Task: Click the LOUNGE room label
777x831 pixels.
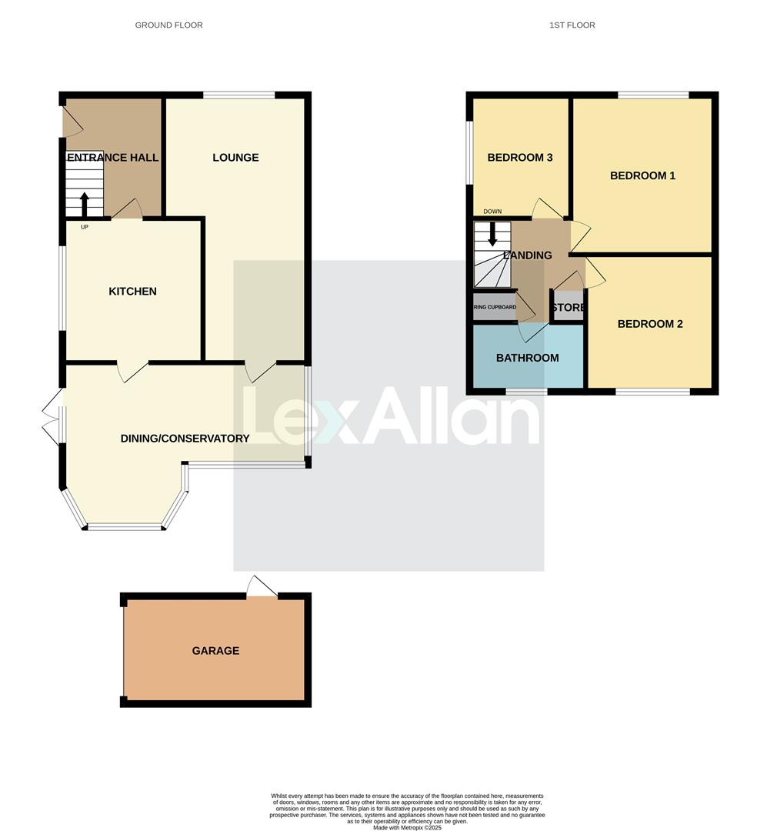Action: [235, 158]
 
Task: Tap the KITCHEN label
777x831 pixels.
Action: [132, 292]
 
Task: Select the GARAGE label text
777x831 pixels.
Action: [215, 651]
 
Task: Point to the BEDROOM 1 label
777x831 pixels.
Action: [642, 175]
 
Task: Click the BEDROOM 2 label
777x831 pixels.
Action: [650, 324]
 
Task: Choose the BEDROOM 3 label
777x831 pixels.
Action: [520, 158]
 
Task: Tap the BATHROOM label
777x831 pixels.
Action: [527, 358]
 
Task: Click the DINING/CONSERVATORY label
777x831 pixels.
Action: [185, 439]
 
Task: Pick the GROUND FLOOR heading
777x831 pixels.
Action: [168, 25]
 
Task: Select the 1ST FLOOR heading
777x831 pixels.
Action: [572, 25]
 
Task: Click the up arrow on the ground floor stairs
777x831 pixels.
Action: [84, 205]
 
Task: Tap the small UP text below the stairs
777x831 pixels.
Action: [84, 227]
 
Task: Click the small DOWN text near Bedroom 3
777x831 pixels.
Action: [492, 212]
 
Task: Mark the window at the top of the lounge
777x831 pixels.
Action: [238, 95]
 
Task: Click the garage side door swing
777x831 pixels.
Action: [262, 586]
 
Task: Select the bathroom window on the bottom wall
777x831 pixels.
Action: [526, 392]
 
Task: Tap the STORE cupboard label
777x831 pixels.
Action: [569, 308]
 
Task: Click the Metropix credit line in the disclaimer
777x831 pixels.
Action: [407, 828]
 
